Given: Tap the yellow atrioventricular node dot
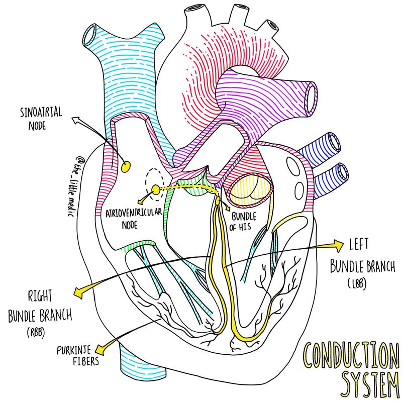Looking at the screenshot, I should (155, 189).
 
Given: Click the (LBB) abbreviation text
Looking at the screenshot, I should (356, 284).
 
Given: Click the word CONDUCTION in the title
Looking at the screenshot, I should (344, 355).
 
